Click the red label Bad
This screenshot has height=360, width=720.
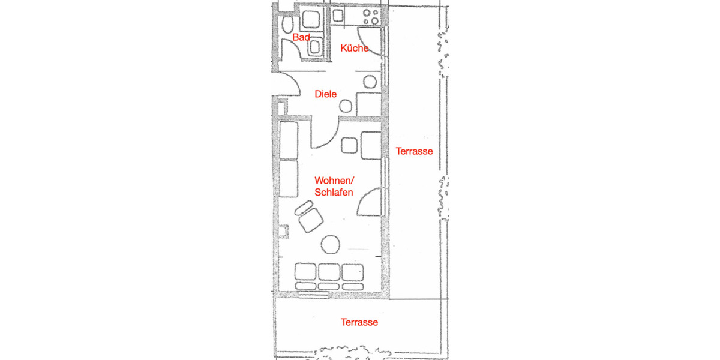pyautogui.click(x=301, y=38)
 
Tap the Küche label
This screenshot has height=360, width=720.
pyautogui.click(x=354, y=48)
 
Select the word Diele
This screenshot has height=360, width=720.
pyautogui.click(x=326, y=94)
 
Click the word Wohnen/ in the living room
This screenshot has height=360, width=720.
pyautogui.click(x=335, y=181)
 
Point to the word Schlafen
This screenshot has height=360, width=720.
pyautogui.click(x=334, y=192)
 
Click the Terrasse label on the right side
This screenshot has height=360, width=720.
pyautogui.click(x=414, y=151)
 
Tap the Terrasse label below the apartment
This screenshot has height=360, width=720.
pyautogui.click(x=359, y=322)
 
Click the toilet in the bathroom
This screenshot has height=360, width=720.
pyautogui.click(x=287, y=25)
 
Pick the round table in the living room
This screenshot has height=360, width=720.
pyautogui.click(x=331, y=244)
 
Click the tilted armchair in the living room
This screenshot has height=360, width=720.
pyautogui.click(x=310, y=217)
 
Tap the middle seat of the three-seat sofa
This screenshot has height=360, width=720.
pyautogui.click(x=329, y=272)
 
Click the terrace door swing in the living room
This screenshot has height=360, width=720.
pyautogui.click(x=367, y=202)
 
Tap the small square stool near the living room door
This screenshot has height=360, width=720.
pyautogui.click(x=349, y=145)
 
